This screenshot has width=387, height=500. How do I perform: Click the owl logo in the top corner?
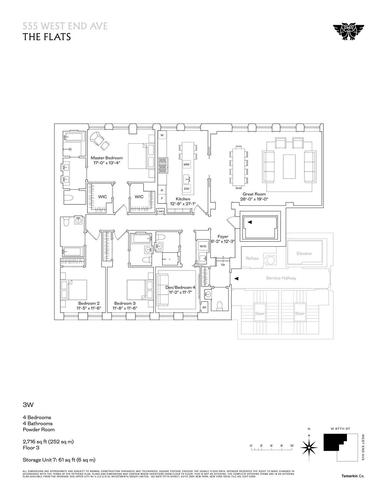(x=348, y=32)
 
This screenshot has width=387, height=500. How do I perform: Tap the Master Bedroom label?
(x=107, y=158)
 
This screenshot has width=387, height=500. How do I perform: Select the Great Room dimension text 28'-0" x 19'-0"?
(x=254, y=199)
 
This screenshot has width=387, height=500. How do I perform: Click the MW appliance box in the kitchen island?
(x=186, y=165)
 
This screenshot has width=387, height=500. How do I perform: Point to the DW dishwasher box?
(x=186, y=188)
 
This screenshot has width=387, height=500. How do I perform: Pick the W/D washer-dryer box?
(x=203, y=246)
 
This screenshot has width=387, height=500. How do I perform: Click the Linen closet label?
(x=160, y=211)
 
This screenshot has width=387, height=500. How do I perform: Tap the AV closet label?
(x=204, y=307)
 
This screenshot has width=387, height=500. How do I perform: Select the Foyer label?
(x=223, y=237)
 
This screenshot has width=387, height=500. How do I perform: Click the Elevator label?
(x=304, y=253)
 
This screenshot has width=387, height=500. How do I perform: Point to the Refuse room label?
(x=252, y=258)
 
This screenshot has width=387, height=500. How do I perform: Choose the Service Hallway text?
(x=281, y=278)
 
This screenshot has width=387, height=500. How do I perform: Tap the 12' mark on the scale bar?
(x=292, y=446)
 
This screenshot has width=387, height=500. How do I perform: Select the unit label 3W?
(x=28, y=405)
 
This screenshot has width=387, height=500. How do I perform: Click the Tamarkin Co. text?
(x=353, y=476)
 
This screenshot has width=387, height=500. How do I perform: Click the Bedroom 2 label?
(x=89, y=303)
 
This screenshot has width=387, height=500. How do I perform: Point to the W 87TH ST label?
(x=340, y=429)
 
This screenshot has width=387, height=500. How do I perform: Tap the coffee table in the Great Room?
(x=289, y=166)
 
